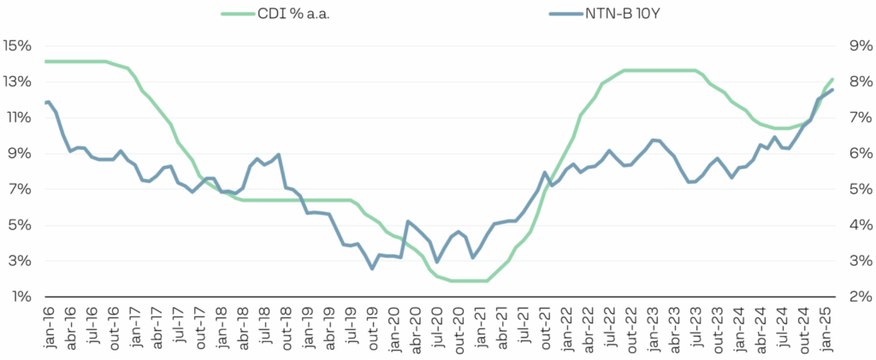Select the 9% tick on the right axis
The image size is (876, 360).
tap(858, 45)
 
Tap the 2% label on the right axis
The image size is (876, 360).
tap(858, 297)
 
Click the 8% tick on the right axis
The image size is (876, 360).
tap(858, 81)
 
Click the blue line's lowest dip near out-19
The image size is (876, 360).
tap(372, 269)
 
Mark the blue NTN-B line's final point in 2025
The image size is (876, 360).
tap(832, 90)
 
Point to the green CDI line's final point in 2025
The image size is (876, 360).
tap(832, 80)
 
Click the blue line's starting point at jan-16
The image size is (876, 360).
tap(45, 103)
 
